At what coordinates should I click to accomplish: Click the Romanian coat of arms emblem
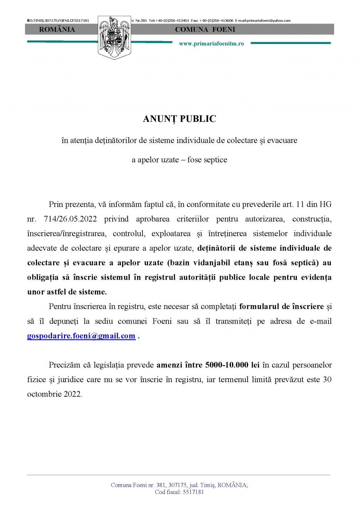114,37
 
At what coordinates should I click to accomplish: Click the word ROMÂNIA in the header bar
57,29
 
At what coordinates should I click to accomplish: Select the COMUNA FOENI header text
205,29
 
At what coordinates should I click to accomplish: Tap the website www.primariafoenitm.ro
211,44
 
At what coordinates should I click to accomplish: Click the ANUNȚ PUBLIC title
179,119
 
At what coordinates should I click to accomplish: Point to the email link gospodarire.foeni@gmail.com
81,336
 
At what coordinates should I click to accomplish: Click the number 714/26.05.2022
70,219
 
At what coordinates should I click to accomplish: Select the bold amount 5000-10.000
227,365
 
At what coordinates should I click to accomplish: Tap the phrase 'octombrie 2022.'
55,394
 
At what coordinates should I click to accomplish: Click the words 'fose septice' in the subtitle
207,160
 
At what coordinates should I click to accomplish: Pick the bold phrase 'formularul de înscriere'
281,306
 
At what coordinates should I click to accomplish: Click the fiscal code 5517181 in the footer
193,492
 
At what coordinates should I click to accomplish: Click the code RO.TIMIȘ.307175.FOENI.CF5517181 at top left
58,21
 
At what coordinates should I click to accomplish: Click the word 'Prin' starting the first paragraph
56,204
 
